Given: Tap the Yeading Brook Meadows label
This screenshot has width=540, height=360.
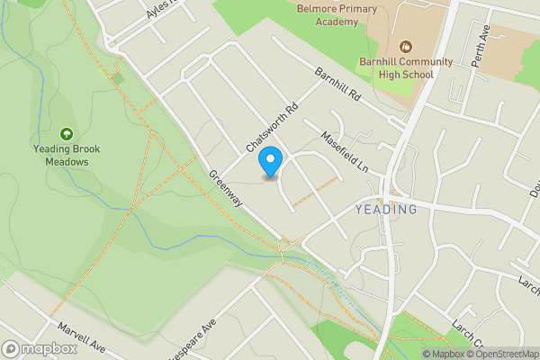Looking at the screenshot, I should [68, 156].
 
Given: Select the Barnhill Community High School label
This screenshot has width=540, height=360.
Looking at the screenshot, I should [405, 67].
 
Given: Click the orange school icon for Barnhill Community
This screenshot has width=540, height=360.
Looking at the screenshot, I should [405, 46].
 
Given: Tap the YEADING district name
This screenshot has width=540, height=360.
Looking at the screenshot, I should [386, 210].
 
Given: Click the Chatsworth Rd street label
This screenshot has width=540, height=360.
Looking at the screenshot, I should [270, 129].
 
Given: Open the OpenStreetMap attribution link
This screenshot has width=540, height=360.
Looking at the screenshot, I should [502, 354].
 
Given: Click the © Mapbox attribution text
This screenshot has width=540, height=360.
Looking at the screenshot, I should [444, 354].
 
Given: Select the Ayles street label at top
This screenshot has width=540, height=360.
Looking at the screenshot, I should [162, 11].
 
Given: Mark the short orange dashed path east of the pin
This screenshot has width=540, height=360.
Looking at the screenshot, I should [316, 190].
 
